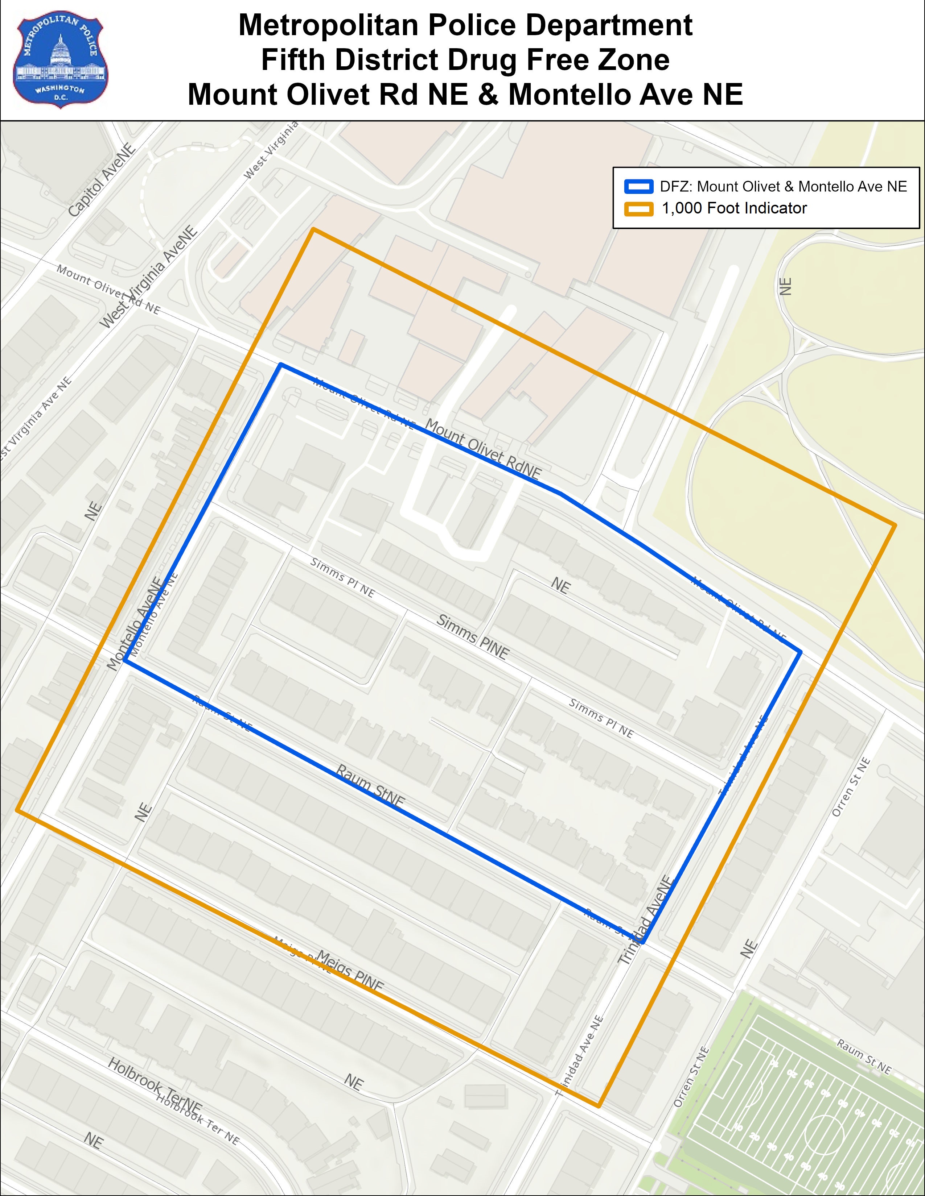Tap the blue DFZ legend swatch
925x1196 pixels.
pos(638,187)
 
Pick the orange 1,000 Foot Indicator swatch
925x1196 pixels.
pos(638,209)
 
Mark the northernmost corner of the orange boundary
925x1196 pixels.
pos(313,229)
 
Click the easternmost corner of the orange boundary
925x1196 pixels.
pos(894,525)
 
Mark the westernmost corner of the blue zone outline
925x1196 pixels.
pos(125,660)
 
